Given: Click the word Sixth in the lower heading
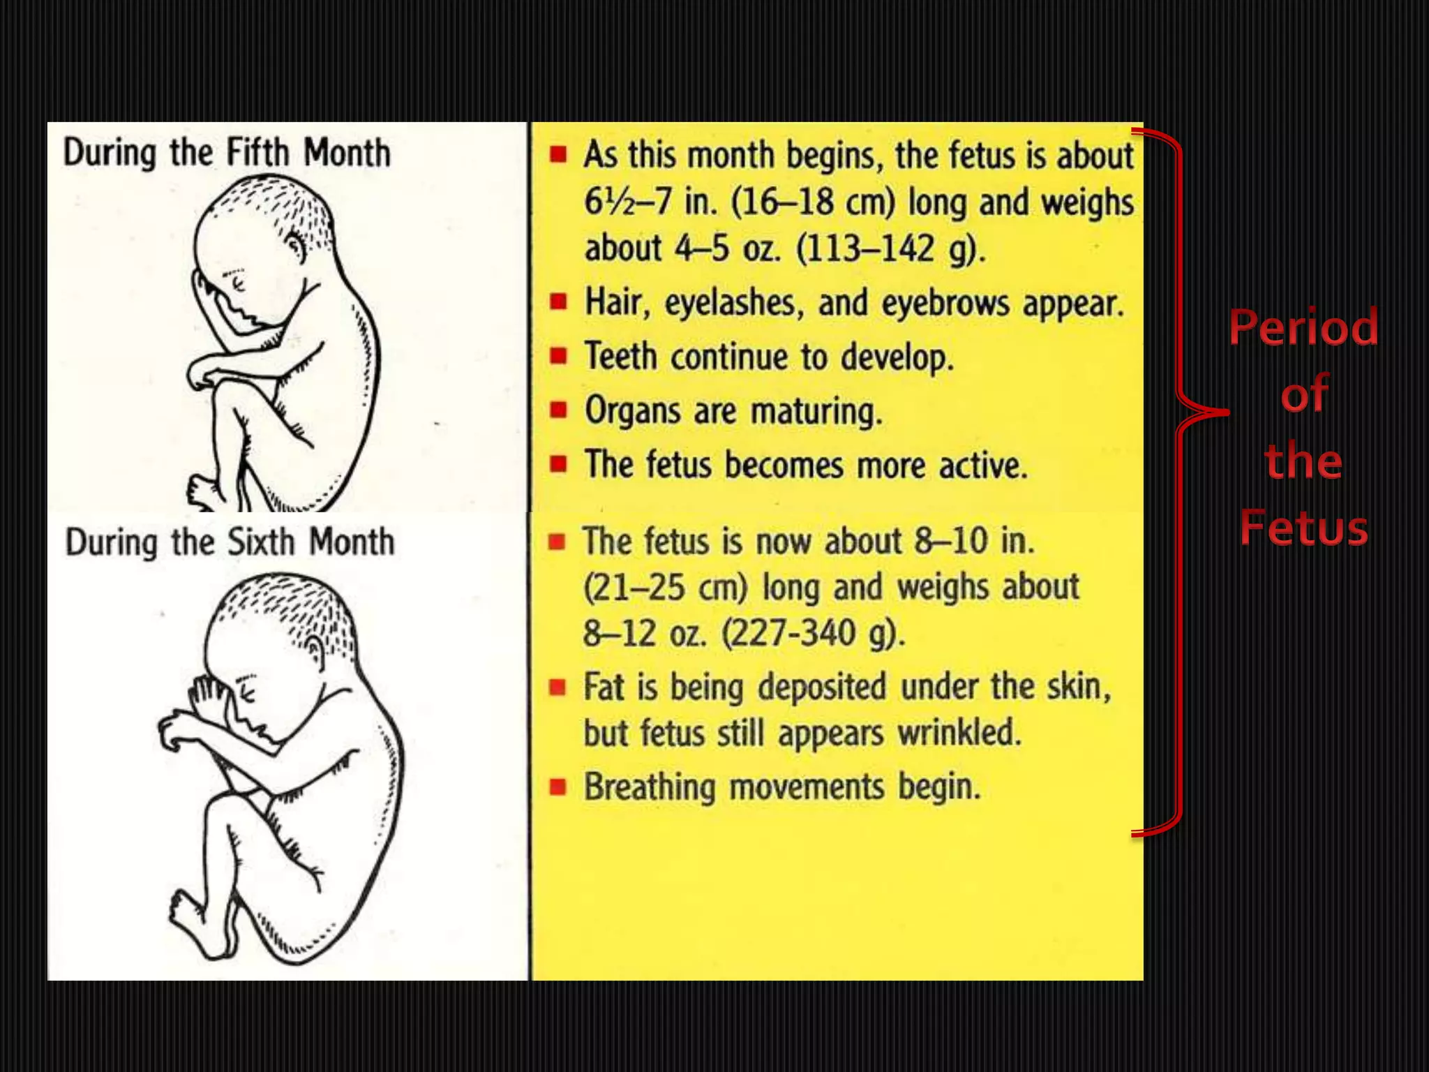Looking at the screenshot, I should point(262,542).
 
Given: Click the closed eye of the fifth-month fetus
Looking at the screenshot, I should point(237,283).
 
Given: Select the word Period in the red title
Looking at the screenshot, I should point(1303,327).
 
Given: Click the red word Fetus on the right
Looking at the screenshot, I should point(1303,528).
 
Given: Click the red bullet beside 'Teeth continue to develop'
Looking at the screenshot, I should point(558,356).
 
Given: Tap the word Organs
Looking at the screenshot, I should point(632,410).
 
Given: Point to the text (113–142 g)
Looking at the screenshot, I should point(891,248).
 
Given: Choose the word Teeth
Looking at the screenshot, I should point(621,357).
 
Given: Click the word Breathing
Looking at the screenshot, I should point(650,787).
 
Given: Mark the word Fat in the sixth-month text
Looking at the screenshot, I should point(604,686).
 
